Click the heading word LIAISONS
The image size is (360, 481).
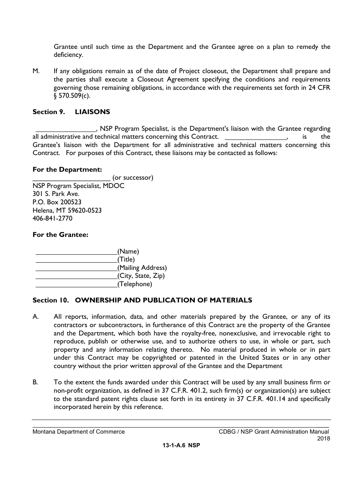pyautogui.click(x=92, y=112)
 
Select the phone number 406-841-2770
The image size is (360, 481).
pyautogui.click(x=52, y=218)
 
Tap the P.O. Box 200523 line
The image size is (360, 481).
pyautogui.click(x=57, y=202)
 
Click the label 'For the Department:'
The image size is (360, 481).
pyautogui.click(x=67, y=169)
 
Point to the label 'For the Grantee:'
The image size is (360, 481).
pyautogui.click(x=60, y=235)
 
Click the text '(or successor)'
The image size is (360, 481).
pyautogui.click(x=133, y=177)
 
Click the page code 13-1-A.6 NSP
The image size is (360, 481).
pyautogui.click(x=181, y=446)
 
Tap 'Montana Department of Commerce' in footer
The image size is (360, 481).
pyautogui.click(x=78, y=431)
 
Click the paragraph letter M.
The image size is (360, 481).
pyautogui.click(x=36, y=71)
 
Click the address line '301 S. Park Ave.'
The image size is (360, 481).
pyautogui.click(x=56, y=194)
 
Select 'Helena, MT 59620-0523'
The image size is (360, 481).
pyautogui.click(x=67, y=210)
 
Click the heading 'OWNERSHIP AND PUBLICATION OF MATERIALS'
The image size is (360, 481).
pyautogui.click(x=163, y=300)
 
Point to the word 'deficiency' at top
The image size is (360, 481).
pyautogui.click(x=68, y=55)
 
